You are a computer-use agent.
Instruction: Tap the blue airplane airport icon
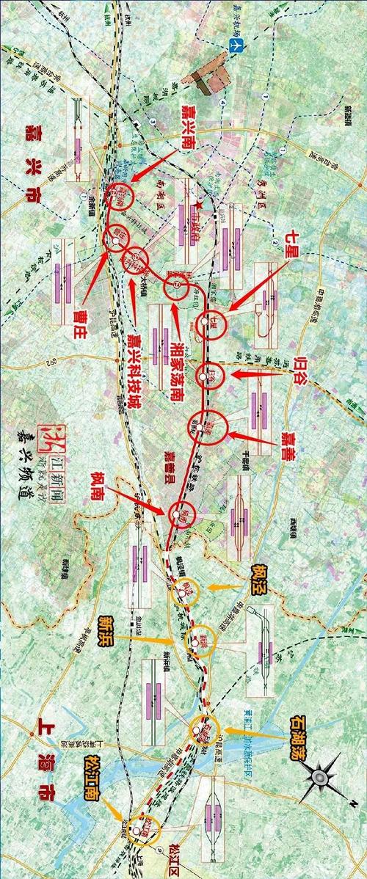(235, 46)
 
